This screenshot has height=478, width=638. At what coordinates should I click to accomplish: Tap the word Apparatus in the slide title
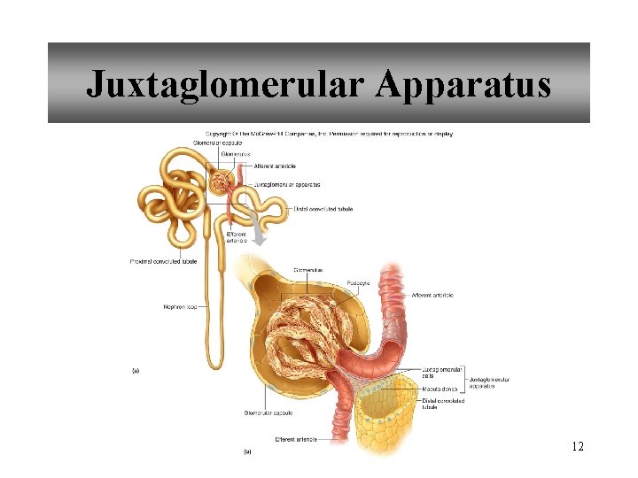(x=463, y=84)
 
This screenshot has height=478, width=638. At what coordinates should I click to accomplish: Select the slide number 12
(x=577, y=446)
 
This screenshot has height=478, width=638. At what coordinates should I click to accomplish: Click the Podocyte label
(x=359, y=283)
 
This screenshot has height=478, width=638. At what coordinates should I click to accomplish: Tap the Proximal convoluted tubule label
(x=164, y=261)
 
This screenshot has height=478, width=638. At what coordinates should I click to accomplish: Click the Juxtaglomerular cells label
(x=440, y=372)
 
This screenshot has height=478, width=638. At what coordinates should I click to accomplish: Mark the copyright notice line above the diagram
(x=323, y=134)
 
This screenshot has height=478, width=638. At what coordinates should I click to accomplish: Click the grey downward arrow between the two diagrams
(x=258, y=234)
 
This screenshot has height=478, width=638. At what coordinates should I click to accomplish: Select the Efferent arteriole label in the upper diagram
(x=237, y=237)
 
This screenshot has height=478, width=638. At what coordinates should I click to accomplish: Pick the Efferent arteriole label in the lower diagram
(x=297, y=438)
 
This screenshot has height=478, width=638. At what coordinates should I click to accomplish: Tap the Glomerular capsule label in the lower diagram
(x=268, y=412)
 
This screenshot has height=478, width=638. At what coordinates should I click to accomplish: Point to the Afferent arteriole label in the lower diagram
(x=432, y=295)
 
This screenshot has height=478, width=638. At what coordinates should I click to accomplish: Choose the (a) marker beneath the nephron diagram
(x=136, y=371)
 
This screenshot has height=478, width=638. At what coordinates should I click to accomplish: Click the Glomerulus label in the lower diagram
(x=307, y=270)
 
